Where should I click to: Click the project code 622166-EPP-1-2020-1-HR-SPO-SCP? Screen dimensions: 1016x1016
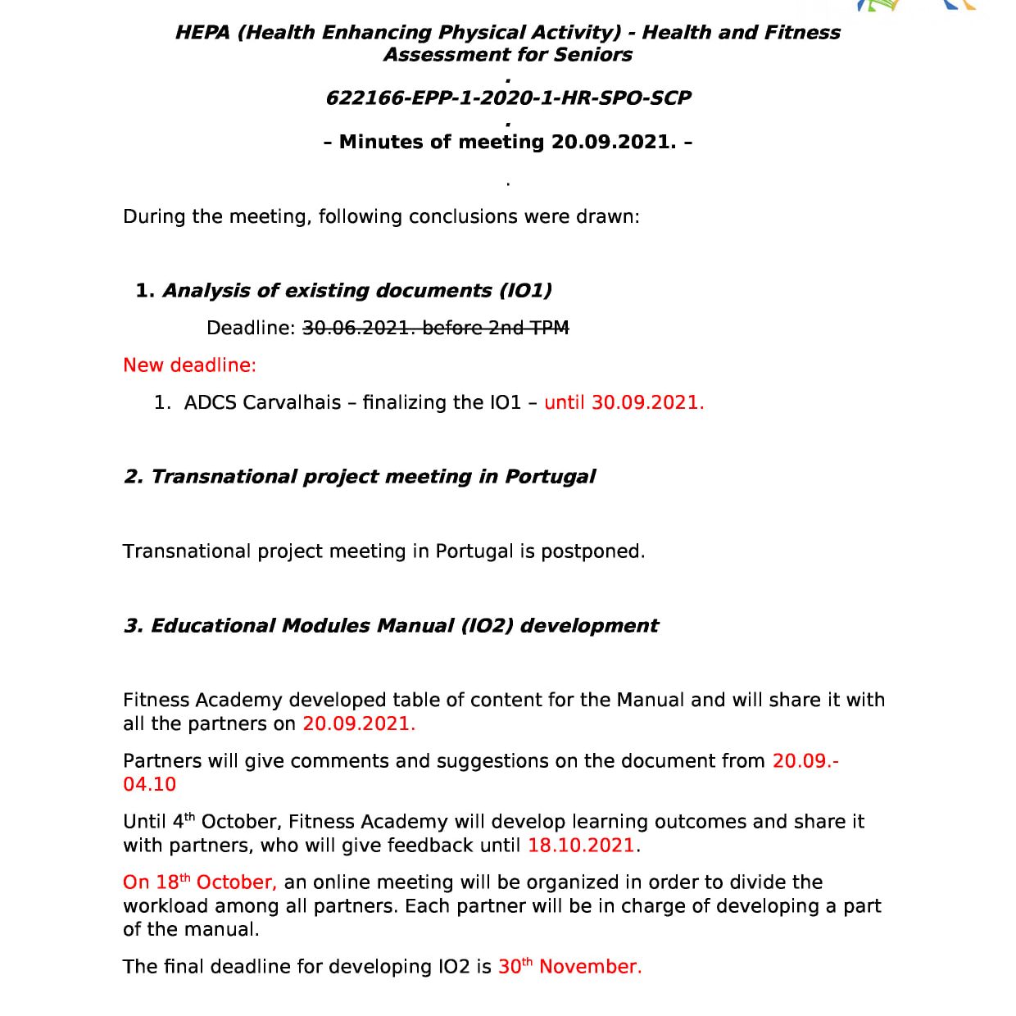[508, 98]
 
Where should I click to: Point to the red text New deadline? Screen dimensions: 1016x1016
[189, 365]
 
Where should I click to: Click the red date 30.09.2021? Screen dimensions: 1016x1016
[647, 403]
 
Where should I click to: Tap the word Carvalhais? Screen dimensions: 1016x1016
[292, 403]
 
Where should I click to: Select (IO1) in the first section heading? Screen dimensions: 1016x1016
[524, 291]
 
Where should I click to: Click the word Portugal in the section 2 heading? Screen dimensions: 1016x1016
[550, 477]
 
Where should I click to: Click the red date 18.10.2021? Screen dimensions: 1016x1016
[582, 846]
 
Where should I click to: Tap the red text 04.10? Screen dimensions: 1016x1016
[149, 785]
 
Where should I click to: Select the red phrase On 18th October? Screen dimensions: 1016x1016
[200, 882]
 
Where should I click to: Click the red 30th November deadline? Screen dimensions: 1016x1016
[569, 967]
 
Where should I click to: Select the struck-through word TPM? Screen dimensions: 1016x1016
[549, 328]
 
